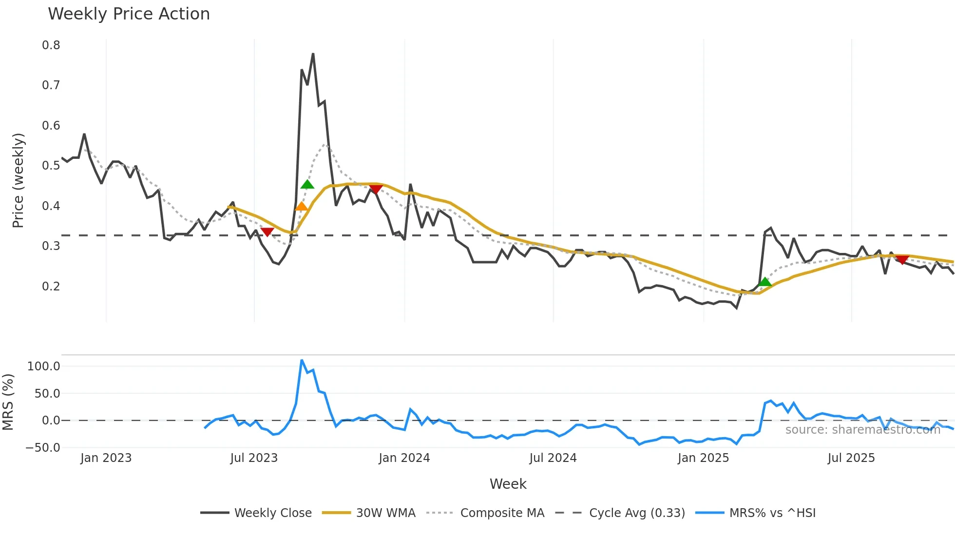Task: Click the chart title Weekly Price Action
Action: tap(129, 14)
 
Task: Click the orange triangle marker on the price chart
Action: tap(302, 207)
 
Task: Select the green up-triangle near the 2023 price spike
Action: tap(307, 184)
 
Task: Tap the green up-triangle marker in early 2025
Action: tap(765, 282)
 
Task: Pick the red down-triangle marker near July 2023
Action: tap(267, 232)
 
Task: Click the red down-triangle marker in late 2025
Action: tap(902, 260)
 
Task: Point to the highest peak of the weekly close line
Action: tap(313, 54)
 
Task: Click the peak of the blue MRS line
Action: tap(302, 361)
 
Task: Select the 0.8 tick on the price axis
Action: tap(51, 45)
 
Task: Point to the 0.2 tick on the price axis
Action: tap(51, 286)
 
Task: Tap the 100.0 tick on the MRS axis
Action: tap(43, 366)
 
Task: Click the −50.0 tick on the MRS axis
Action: tap(43, 447)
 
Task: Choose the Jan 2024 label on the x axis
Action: tap(404, 458)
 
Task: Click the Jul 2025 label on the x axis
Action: tap(851, 458)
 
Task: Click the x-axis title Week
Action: tap(508, 484)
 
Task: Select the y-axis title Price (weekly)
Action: tap(18, 180)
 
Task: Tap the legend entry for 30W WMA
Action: tap(385, 513)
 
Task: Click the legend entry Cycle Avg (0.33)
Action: tap(636, 513)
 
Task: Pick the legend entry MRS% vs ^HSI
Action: tap(772, 513)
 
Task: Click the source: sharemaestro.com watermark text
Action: tap(862, 430)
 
